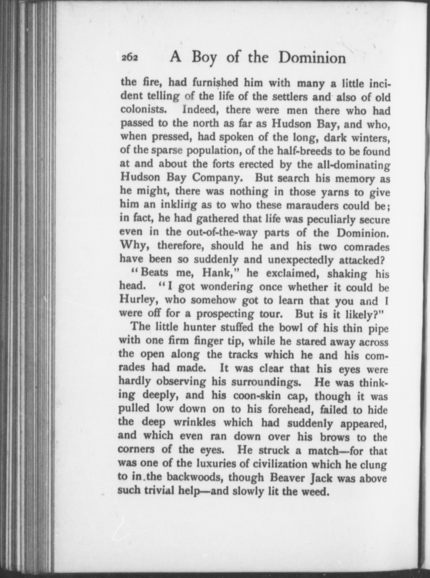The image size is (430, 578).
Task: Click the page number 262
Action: pyautogui.click(x=130, y=58)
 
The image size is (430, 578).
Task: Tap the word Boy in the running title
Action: pyautogui.click(x=204, y=58)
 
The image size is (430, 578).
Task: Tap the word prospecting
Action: pyautogui.click(x=221, y=313)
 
